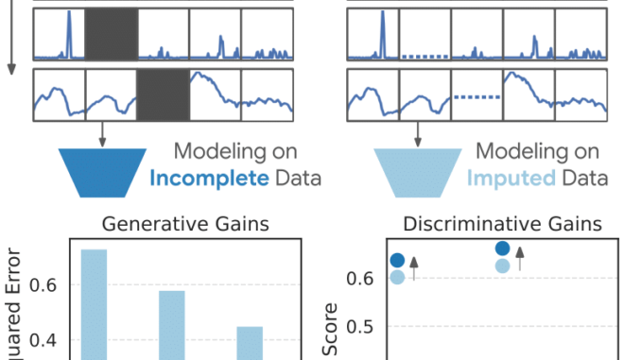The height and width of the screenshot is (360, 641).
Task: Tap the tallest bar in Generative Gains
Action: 95,302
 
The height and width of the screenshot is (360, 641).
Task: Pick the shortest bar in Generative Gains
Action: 250,342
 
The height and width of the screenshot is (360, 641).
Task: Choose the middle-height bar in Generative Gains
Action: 172,324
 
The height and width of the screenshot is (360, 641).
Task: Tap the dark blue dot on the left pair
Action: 398,260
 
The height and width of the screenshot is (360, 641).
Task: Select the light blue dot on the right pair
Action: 502,266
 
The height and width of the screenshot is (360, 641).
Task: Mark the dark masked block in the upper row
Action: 112,34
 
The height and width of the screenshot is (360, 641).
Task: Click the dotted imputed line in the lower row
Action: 476,95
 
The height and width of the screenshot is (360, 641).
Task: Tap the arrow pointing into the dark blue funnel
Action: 102,132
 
